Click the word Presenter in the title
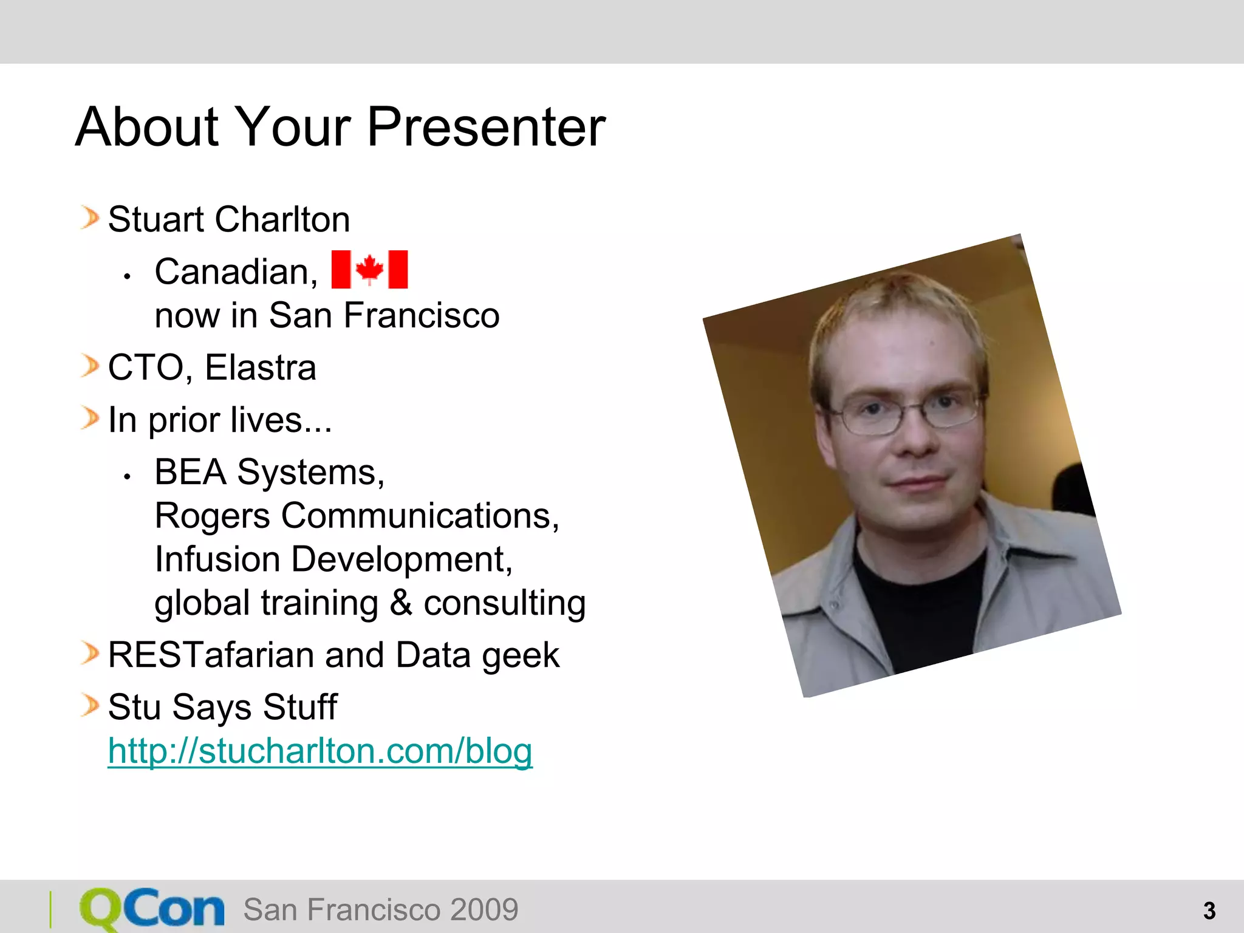click(x=486, y=128)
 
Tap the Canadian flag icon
click(x=369, y=269)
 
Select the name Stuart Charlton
click(x=229, y=219)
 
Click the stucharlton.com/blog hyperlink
click(x=320, y=751)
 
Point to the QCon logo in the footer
click(x=152, y=909)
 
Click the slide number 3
click(x=1209, y=911)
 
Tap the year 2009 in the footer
click(x=484, y=910)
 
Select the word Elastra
click(x=261, y=367)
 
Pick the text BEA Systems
click(x=269, y=472)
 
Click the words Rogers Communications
click(x=357, y=516)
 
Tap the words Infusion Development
click(x=333, y=559)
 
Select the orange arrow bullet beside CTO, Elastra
click(x=90, y=366)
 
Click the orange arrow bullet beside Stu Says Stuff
click(x=90, y=706)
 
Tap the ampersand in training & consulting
click(x=401, y=603)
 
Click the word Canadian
click(x=236, y=272)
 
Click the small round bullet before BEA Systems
click(x=127, y=477)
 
